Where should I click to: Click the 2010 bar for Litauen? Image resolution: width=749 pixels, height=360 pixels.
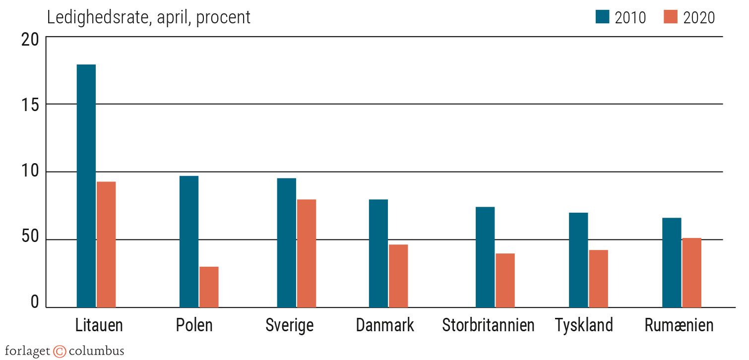tap(86, 186)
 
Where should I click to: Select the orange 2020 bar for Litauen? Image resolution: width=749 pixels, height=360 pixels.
tap(106, 244)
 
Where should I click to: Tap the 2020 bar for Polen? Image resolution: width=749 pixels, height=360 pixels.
tap(209, 287)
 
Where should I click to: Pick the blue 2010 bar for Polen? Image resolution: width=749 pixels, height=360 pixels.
tap(189, 241)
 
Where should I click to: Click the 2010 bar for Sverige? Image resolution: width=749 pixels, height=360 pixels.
tap(286, 242)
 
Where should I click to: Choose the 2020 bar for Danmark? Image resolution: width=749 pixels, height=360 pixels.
tap(398, 276)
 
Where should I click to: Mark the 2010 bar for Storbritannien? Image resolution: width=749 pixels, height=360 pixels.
tap(485, 257)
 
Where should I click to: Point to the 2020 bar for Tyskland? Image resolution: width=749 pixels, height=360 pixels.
tap(598, 279)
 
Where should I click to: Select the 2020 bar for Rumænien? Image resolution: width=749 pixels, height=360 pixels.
tap(691, 273)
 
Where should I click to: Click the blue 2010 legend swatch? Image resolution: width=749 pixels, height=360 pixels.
tap(602, 17)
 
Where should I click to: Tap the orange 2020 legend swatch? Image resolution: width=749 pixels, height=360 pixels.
tap(670, 17)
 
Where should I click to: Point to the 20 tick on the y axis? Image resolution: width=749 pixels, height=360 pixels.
tap(30, 40)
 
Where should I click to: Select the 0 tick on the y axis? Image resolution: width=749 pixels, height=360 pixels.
tap(35, 302)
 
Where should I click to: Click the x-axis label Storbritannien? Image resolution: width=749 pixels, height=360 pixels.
tap(488, 326)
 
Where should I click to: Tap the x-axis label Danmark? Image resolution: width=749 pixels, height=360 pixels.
tap(385, 326)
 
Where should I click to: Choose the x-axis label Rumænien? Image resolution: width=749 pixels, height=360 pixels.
tap(679, 326)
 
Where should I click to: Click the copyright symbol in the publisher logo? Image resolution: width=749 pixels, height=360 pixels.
tap(60, 352)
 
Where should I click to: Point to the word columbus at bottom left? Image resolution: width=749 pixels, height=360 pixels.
tap(96, 352)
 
